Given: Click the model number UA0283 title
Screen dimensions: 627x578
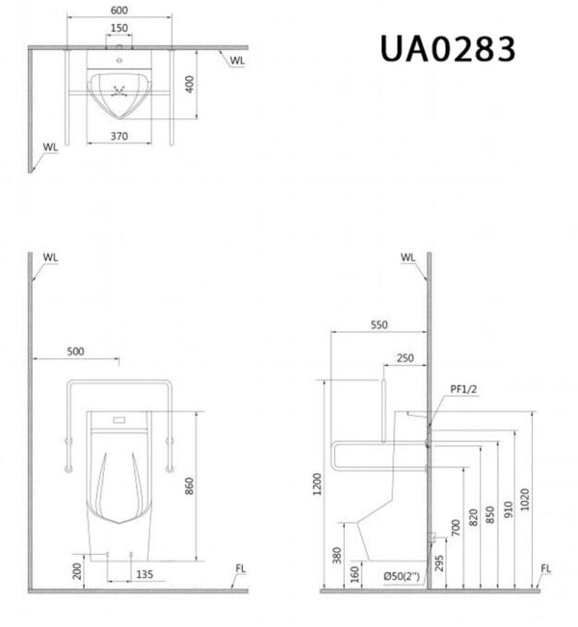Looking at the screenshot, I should (447, 48).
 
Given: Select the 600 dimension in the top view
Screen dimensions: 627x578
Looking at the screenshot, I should (118, 11).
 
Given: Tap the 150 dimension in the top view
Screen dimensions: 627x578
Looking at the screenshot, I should (118, 28).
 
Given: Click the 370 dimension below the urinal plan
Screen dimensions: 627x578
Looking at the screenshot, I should (118, 137).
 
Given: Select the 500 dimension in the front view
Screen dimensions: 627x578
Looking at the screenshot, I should (75, 352).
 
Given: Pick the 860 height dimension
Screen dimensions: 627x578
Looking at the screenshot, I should (191, 485).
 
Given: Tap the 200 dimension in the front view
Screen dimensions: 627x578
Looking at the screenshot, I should (77, 571).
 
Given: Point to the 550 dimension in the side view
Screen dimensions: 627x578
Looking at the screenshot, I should (379, 326).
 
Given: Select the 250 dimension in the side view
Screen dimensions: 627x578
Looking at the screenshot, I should (405, 357).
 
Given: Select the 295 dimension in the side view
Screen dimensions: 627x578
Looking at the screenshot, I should (439, 563).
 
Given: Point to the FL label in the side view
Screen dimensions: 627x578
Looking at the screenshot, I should (546, 568).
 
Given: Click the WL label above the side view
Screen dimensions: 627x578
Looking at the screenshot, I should (407, 258).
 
